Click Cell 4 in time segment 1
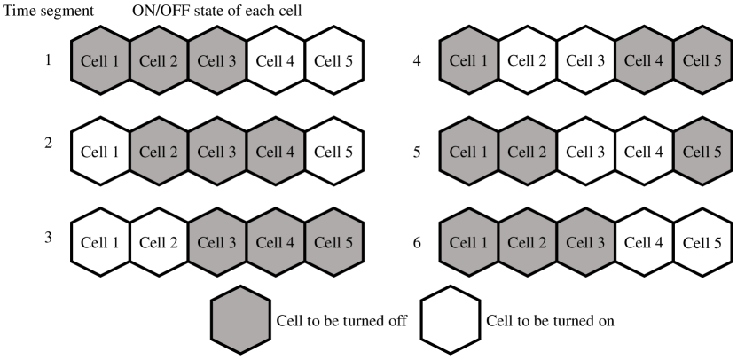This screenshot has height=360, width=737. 276,62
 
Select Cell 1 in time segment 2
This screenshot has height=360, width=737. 100,152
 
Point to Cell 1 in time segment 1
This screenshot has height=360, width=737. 100,62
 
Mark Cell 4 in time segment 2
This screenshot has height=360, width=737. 276,152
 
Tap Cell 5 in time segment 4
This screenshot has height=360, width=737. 702,62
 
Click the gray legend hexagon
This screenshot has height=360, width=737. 239,321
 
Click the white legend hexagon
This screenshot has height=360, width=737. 449,321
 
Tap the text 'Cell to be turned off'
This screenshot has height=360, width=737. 341,321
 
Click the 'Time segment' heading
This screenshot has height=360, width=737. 42,12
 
